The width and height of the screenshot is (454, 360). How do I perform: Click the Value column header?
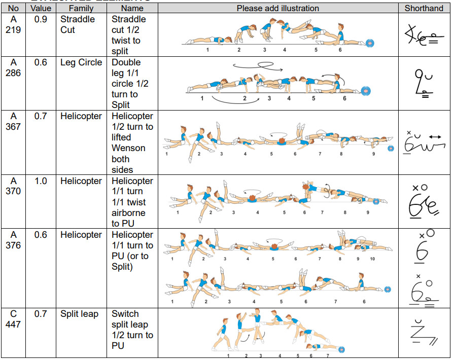pyautogui.click(x=41, y=8)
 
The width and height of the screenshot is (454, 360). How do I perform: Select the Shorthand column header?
pyautogui.click(x=424, y=8)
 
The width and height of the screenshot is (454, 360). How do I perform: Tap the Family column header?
pyautogui.click(x=81, y=8)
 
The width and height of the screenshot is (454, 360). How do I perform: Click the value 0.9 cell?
pyautogui.click(x=41, y=19)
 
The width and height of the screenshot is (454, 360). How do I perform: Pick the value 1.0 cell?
pyautogui.click(x=41, y=181)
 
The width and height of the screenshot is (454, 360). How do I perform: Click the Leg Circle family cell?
pyautogui.click(x=81, y=62)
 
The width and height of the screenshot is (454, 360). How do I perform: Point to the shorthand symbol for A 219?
pyautogui.click(x=423, y=34)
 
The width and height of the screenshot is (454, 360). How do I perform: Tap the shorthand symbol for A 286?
pyautogui.click(x=423, y=82)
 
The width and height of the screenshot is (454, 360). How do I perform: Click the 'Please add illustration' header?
pyautogui.click(x=278, y=8)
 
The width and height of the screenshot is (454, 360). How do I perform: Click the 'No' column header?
pyautogui.click(x=14, y=8)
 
